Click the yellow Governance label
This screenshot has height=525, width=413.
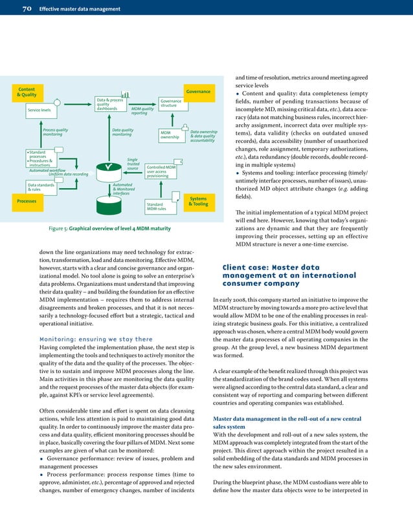(198, 92)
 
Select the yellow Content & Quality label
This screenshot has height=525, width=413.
(27, 92)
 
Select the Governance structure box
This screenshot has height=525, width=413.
(171, 103)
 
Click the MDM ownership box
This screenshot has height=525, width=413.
(170, 134)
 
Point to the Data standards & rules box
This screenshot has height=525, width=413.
(39, 187)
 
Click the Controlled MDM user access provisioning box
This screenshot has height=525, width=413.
(161, 171)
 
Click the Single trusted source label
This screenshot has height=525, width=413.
(133, 164)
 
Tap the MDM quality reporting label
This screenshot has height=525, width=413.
(142, 111)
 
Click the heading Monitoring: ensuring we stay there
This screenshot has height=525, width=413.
(96, 339)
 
